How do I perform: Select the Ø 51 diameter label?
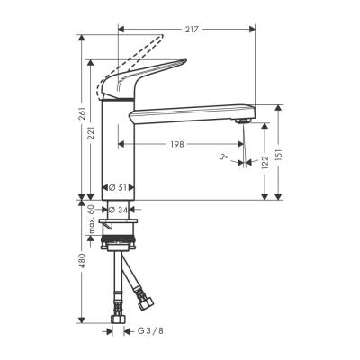pyautogui.click(x=118, y=187)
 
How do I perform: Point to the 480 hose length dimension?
pyautogui.click(x=82, y=262)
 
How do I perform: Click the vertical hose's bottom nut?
pyautogui.click(x=118, y=317)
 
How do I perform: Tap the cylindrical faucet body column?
pyautogui.click(x=118, y=144)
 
